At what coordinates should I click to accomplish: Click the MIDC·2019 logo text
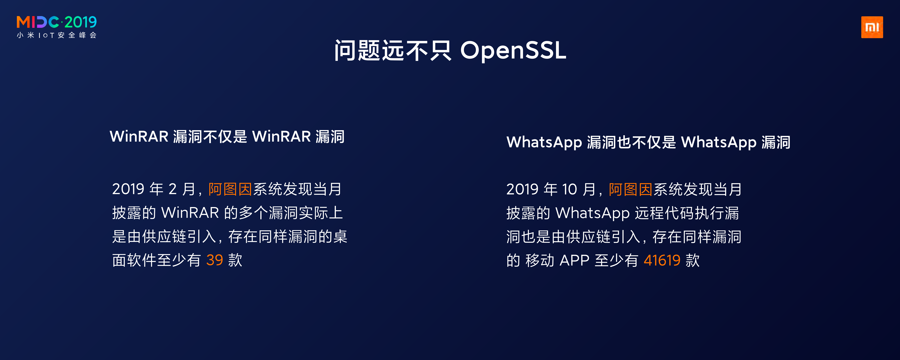coord(57,22)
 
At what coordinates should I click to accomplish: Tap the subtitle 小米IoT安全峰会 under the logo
coord(57,35)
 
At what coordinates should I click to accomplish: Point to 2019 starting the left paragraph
coord(128,189)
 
